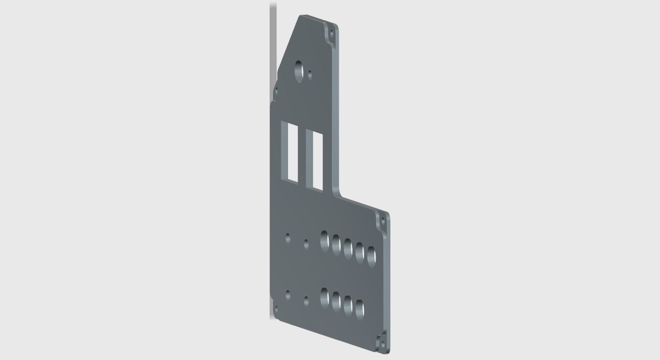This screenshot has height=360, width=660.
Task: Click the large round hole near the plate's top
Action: (x=299, y=71)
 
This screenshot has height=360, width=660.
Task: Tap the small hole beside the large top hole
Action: (x=310, y=74)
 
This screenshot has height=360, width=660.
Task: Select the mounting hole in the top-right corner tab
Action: (x=331, y=33)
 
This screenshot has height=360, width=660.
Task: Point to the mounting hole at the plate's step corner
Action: (x=383, y=222)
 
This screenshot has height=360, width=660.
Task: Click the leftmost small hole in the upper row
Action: (x=288, y=238)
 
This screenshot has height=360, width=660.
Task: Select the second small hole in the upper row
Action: (x=306, y=243)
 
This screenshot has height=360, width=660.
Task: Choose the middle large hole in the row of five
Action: (x=348, y=248)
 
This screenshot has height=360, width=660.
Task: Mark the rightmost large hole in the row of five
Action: (x=371, y=256)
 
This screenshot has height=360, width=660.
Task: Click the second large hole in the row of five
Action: (x=336, y=244)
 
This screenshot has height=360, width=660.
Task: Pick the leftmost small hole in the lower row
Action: (x=288, y=295)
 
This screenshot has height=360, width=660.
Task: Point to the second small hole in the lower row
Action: (x=306, y=301)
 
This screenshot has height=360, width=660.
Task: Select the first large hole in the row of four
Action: (x=324, y=297)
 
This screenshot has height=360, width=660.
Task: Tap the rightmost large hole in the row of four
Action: (x=359, y=308)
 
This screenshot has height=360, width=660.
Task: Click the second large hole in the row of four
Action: (x=336, y=301)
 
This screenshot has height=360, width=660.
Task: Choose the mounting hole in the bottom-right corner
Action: (x=382, y=344)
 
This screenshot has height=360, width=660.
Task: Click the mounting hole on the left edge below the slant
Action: (x=276, y=92)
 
